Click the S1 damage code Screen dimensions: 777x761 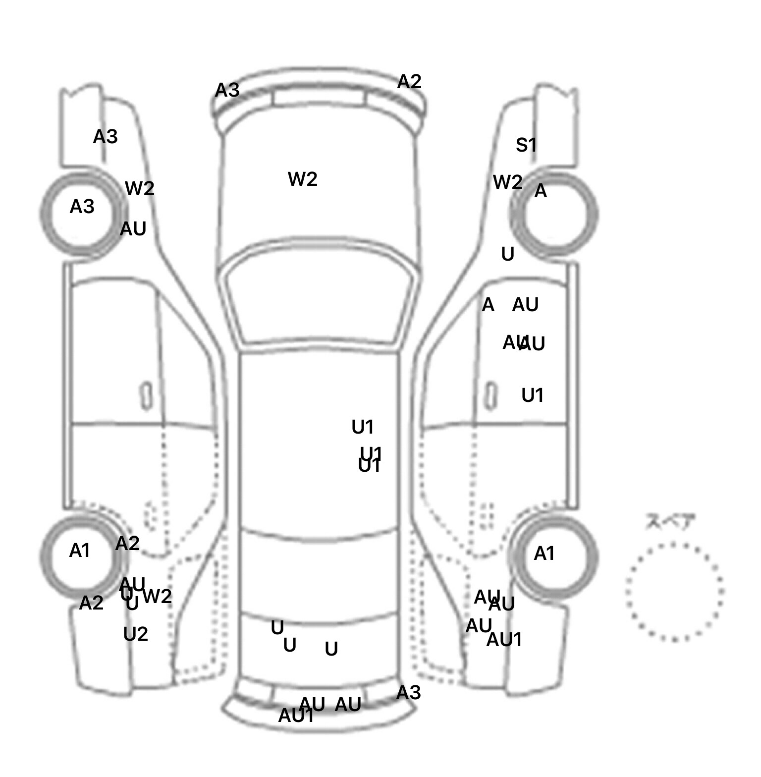click(526, 145)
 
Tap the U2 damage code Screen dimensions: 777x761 click(135, 634)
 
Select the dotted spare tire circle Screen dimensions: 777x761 click(674, 592)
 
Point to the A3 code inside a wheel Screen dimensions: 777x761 click(82, 207)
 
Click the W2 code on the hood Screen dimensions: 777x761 click(302, 179)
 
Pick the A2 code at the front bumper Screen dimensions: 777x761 click(409, 82)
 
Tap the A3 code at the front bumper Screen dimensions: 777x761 click(227, 90)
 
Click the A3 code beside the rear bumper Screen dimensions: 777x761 click(408, 693)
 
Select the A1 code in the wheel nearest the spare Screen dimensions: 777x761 click(544, 554)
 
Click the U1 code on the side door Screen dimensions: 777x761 click(533, 395)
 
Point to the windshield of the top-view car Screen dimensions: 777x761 click(320, 297)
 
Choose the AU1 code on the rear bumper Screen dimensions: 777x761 click(296, 716)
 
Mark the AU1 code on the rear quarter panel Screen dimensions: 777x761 click(504, 640)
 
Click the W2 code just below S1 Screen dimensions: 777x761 click(507, 182)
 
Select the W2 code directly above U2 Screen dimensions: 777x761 click(157, 596)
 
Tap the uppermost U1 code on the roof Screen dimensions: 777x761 click(362, 427)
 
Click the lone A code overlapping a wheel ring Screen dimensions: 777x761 click(541, 191)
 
